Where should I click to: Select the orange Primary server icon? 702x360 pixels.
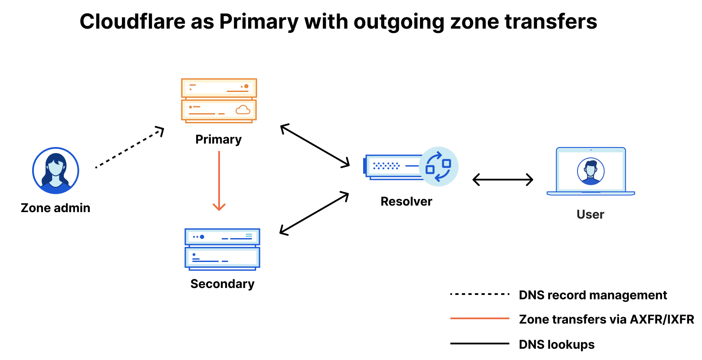point(219,100)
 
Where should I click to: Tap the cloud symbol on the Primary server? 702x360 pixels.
point(243,110)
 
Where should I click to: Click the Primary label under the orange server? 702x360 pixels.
point(218,140)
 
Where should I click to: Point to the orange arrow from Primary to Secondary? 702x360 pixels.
point(219,180)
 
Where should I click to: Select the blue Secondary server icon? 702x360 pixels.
point(222,249)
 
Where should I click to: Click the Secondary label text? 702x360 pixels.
point(222,284)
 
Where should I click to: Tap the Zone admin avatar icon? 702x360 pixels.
point(56,170)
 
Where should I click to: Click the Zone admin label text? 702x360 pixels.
point(56,208)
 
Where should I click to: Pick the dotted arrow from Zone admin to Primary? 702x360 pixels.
point(129,148)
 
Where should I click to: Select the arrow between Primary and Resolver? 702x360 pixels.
point(315,146)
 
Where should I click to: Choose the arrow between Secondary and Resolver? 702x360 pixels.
point(315,213)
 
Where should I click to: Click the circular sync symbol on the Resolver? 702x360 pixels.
point(438,167)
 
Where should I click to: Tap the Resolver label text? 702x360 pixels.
point(406,202)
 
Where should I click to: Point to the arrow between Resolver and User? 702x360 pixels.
point(502,180)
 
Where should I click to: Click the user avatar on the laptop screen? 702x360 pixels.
point(590,171)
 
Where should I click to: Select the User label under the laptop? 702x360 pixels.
point(590,215)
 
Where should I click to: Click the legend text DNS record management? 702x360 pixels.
point(593,295)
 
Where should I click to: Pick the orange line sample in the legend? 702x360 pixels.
point(479,319)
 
